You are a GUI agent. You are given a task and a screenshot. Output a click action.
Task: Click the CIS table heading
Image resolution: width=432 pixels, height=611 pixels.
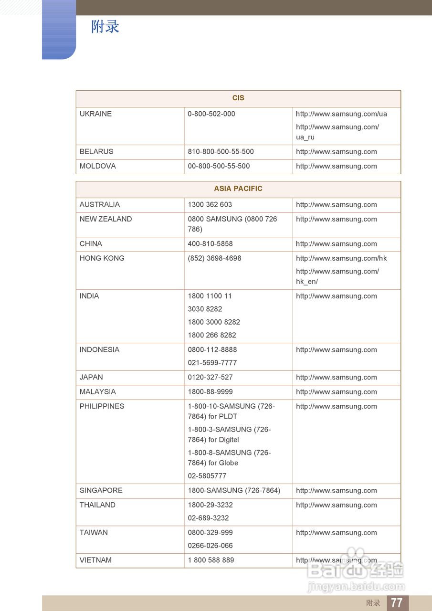pos(238,98)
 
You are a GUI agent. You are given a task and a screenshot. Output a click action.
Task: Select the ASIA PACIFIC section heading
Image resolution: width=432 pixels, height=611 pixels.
pos(238,189)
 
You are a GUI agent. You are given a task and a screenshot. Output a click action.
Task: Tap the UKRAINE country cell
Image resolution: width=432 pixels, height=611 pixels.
pos(95,114)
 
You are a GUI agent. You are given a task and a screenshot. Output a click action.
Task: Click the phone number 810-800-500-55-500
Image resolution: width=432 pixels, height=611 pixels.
pos(221,151)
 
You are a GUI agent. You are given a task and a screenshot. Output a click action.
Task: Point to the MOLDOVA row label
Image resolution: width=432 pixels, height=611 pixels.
pos(97,166)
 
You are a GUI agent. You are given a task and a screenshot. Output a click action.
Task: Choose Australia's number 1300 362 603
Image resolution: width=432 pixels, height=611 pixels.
pos(210,204)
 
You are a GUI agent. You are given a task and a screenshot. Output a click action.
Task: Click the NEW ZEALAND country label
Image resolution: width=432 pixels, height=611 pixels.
pos(105,219)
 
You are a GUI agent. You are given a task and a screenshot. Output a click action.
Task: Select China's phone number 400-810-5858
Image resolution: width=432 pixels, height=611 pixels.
pos(210,243)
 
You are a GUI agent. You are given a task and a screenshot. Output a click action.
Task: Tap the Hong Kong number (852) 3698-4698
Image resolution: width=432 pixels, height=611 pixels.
pos(214,258)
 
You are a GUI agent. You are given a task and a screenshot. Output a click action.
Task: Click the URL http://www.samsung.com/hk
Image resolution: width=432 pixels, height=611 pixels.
pos(341,258)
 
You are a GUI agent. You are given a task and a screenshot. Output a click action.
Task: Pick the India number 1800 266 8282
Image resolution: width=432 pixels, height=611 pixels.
pos(211,335)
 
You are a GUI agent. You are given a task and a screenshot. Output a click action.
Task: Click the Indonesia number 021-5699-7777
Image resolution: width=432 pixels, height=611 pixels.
pos(212,362)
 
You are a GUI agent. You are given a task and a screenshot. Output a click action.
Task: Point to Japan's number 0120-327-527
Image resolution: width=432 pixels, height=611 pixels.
pos(210,377)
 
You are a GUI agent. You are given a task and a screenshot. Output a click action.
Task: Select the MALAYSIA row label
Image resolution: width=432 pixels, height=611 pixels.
pos(97,391)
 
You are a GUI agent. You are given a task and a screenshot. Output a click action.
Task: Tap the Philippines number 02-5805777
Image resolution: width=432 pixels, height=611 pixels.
pos(207,476)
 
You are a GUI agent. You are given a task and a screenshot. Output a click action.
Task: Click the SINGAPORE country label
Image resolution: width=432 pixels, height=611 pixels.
pos(101,490)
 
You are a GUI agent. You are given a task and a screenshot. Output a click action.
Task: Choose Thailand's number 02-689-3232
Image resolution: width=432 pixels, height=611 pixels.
pos(208,518)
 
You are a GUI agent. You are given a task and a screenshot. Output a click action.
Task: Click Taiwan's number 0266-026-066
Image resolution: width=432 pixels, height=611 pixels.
pos(210,546)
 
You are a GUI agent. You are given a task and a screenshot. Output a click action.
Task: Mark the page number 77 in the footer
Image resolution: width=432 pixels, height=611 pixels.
pos(397,602)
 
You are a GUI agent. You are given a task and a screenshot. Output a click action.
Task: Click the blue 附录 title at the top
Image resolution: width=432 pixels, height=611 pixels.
pos(105,27)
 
